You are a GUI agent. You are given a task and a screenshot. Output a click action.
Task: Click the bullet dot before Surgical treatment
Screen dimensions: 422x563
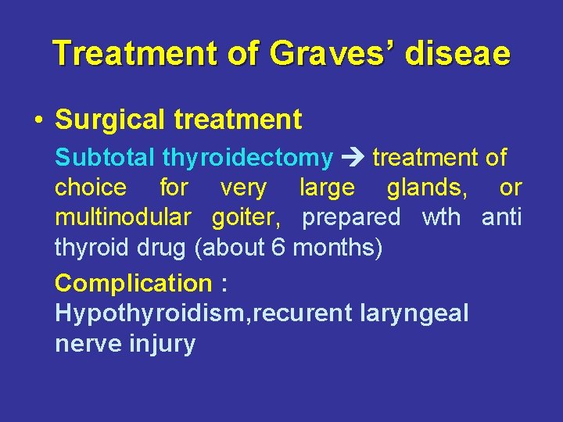pyautogui.click(x=38, y=120)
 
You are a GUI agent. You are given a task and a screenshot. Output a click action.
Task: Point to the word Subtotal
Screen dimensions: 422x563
pyautogui.click(x=106, y=157)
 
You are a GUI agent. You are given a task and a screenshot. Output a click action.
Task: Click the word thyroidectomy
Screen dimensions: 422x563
pyautogui.click(x=248, y=157)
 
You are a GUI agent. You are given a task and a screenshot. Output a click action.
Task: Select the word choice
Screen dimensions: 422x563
pyautogui.click(x=90, y=188)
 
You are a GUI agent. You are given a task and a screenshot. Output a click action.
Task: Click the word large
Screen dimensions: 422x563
pyautogui.click(x=327, y=188)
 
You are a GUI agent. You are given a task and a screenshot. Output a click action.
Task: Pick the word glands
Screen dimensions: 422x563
pyautogui.click(x=422, y=188)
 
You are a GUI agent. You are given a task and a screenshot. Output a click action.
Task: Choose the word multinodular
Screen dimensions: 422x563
pyautogui.click(x=123, y=217)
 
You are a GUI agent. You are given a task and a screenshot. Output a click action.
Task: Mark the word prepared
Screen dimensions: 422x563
pyautogui.click(x=351, y=218)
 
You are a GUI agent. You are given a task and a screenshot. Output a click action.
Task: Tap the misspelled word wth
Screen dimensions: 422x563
pyautogui.click(x=441, y=217)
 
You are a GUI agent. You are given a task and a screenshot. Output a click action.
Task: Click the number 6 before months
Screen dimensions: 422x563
pyautogui.click(x=278, y=248)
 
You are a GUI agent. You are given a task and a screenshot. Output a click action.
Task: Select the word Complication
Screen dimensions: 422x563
pyautogui.click(x=133, y=283)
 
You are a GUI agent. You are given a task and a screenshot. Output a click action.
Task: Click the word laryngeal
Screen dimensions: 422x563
pyautogui.click(x=414, y=313)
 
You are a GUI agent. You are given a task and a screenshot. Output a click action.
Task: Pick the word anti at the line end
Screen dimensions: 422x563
pyautogui.click(x=501, y=217)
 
